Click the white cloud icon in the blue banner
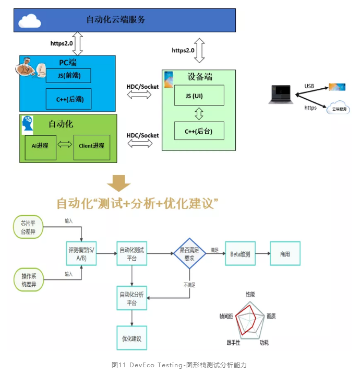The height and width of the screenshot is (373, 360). (x=30, y=21)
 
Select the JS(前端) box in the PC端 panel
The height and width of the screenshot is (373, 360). (x=68, y=75)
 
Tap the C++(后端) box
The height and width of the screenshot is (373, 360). (x=69, y=98)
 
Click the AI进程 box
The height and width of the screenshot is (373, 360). (x=40, y=146)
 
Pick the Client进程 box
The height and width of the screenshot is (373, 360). (x=92, y=146)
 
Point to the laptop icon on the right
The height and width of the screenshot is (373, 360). (x=281, y=95)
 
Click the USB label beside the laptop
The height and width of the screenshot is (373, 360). (x=309, y=86)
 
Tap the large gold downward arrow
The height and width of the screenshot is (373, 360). (x=118, y=183)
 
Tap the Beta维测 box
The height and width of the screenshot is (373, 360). (x=240, y=254)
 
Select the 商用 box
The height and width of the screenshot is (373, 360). (x=284, y=254)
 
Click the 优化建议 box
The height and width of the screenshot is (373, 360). (x=131, y=337)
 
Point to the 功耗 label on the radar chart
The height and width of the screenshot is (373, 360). (x=265, y=343)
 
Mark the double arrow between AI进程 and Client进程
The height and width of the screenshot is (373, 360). (x=65, y=146)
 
